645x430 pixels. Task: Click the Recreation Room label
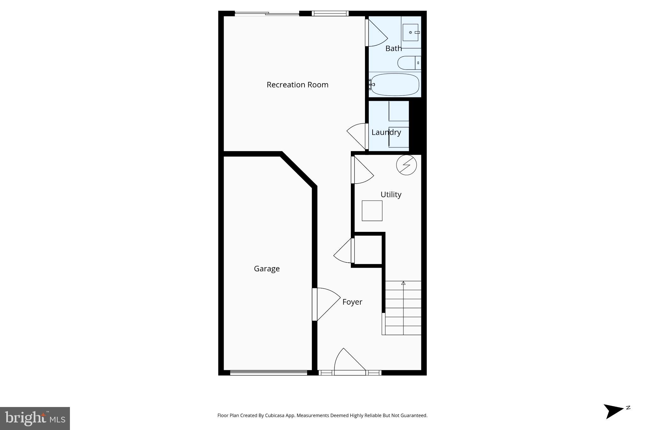297,85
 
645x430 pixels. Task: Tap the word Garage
267,269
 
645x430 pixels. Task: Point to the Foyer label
352,302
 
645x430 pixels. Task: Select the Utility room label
391,194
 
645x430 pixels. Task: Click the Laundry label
386,132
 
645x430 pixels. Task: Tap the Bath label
393,49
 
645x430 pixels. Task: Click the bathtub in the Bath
395,84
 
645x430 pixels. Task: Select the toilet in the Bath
408,63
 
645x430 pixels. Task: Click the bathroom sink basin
410,32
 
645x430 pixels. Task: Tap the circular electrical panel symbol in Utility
406,165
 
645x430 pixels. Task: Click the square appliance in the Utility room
372,211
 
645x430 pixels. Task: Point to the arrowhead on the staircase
403,283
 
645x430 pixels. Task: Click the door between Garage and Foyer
326,304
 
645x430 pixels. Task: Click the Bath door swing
377,33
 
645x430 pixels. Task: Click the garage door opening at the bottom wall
268,373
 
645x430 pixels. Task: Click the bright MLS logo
35,418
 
